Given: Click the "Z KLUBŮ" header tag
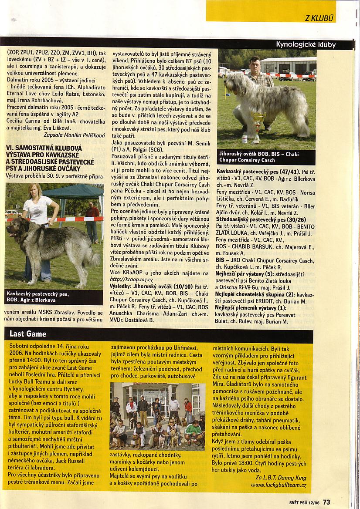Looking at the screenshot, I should tap(319, 18).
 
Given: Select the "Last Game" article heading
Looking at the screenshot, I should tap(28, 334).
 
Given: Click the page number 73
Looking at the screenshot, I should tap(327, 502).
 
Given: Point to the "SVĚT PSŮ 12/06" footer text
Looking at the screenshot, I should tap(305, 502).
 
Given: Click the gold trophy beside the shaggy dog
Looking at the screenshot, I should tap(258, 124).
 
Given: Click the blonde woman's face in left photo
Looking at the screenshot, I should tap(35, 192).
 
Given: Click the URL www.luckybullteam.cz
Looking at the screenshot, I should tap(278, 485).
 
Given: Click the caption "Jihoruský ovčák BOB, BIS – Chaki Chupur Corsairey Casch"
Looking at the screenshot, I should tap(260, 157).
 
